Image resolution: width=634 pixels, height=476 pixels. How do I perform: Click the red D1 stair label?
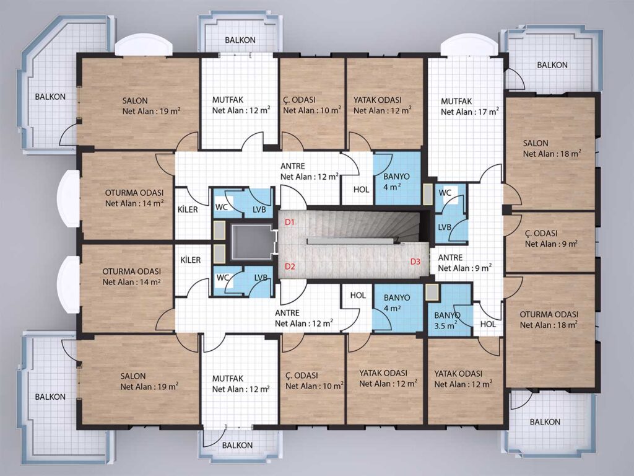pyautogui.click(x=290, y=222)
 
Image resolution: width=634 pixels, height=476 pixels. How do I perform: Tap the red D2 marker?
pyautogui.click(x=290, y=267)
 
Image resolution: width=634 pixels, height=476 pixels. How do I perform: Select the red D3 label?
pyautogui.click(x=415, y=262)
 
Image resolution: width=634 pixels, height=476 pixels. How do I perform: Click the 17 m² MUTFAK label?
pyautogui.click(x=469, y=107)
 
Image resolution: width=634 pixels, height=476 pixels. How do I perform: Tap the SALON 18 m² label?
pyautogui.click(x=552, y=148)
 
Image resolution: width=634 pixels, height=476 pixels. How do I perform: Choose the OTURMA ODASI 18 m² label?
pyautogui.click(x=549, y=319)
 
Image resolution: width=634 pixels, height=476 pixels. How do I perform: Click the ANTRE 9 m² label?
pyautogui.click(x=464, y=263)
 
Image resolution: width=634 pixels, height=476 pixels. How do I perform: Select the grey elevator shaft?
pyautogui.click(x=252, y=242)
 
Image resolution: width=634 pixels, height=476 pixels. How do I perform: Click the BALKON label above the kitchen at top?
pyautogui.click(x=240, y=40)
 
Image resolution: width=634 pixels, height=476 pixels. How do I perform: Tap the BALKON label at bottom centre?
pyautogui.click(x=237, y=445)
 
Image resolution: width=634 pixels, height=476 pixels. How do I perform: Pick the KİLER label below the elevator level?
pyautogui.click(x=191, y=260)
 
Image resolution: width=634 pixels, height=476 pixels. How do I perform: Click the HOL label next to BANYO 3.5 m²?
pyautogui.click(x=488, y=324)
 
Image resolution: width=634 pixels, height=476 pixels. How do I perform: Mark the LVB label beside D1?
pyautogui.click(x=259, y=209)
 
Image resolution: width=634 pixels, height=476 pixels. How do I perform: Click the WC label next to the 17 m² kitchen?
pyautogui.click(x=445, y=193)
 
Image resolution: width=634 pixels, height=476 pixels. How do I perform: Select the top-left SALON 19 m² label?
pyautogui.click(x=151, y=105)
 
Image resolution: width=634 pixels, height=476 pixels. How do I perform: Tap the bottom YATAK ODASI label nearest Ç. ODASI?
pyautogui.click(x=388, y=378)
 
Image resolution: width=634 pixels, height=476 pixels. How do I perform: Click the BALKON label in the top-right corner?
pyautogui.click(x=552, y=64)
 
